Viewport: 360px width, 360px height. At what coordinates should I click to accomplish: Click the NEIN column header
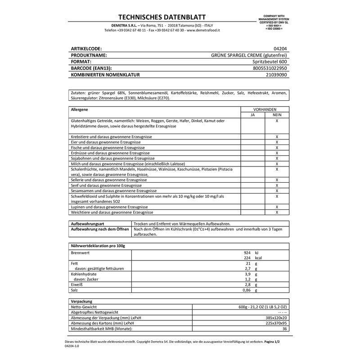[277, 115]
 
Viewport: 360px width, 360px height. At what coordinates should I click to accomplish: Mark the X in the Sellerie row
[277, 180]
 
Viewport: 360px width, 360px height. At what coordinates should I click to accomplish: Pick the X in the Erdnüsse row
[277, 153]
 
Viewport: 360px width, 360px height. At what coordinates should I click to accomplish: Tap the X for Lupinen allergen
[277, 207]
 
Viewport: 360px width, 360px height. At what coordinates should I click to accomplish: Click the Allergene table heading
[79, 109]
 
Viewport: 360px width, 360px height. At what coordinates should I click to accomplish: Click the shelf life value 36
[284, 328]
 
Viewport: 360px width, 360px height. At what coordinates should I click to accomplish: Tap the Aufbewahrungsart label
[86, 223]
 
